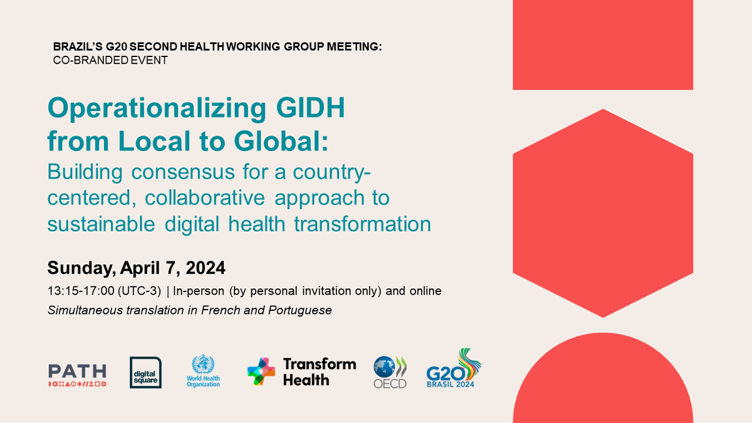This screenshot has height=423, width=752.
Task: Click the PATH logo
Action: coord(77,374)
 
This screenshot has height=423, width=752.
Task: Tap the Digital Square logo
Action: coord(145,372)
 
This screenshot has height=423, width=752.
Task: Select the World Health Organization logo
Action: coord(203,371)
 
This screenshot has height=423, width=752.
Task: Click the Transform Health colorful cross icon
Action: coord(262,371)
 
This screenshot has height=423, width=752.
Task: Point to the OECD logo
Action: coord(390,372)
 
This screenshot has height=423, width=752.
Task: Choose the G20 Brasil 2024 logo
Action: coord(454,369)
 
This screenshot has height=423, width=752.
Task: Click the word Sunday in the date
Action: coord(79,268)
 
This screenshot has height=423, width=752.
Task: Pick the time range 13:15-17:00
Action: coord(80,291)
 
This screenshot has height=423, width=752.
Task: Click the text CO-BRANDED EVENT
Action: coord(110,61)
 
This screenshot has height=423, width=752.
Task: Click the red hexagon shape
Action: coord(603,213)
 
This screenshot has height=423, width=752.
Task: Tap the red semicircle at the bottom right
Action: coord(603,382)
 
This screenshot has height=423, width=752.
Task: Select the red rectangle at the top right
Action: coord(603,44)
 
